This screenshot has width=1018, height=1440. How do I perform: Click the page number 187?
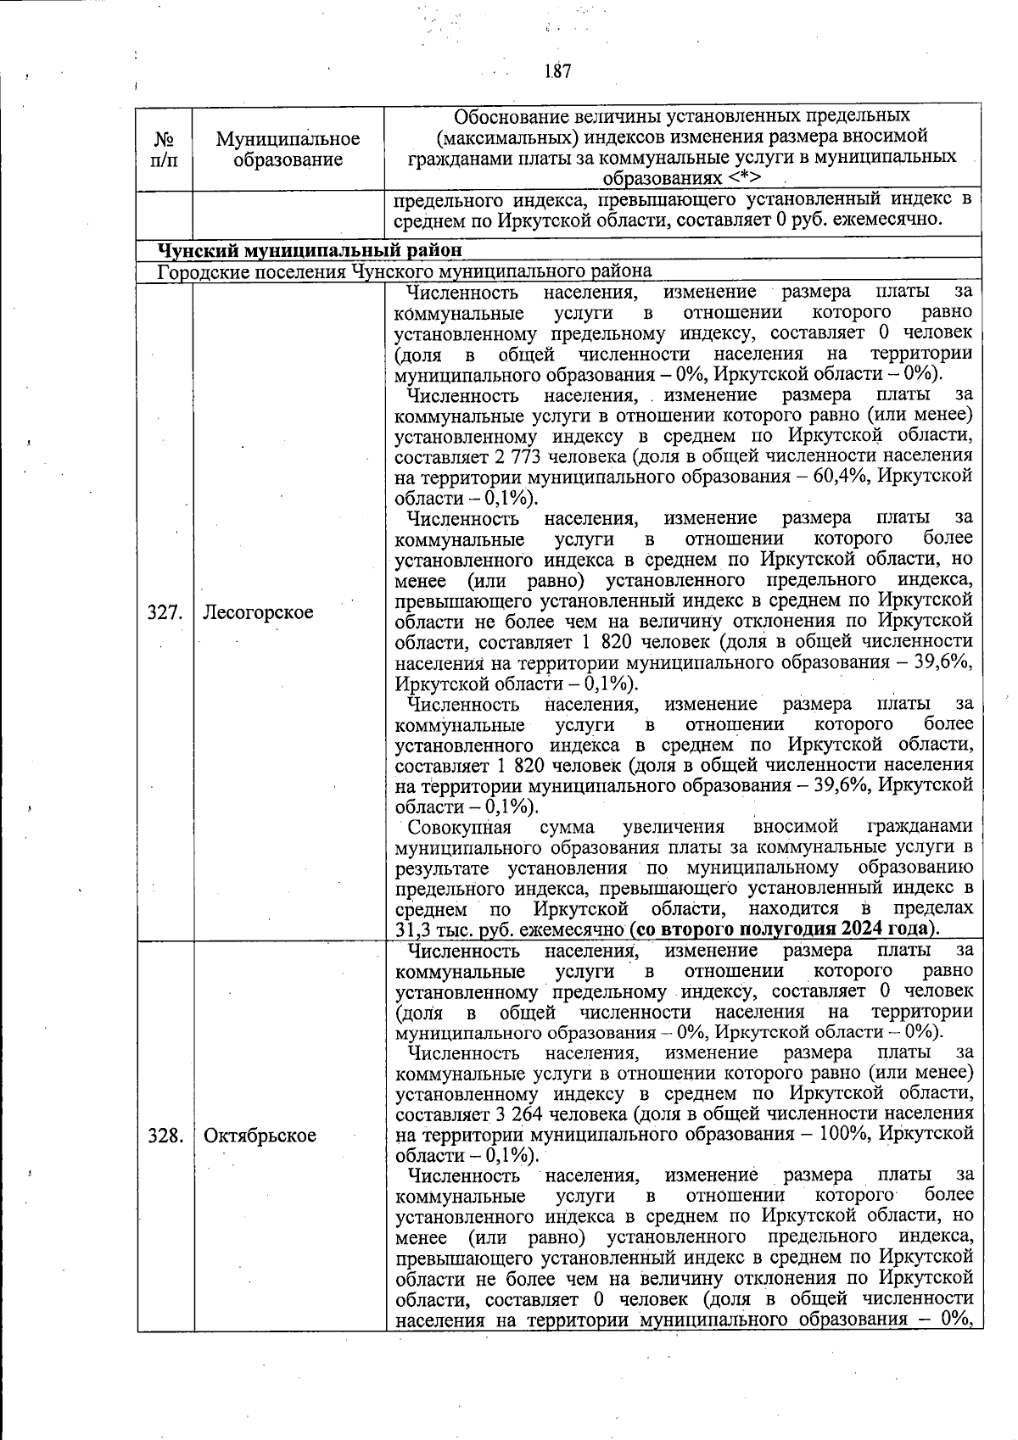(x=557, y=71)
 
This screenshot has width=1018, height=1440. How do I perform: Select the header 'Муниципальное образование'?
(x=288, y=148)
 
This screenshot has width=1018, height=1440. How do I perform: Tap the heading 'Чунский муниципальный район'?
(x=311, y=250)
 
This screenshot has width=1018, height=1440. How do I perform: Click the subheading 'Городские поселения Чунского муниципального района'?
(x=405, y=271)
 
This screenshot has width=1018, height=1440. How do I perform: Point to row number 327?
(x=165, y=612)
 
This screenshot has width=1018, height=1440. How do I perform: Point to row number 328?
(x=165, y=1136)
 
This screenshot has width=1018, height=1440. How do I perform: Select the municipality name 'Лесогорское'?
(x=258, y=612)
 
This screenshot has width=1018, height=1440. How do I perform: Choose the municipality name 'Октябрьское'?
(x=260, y=1136)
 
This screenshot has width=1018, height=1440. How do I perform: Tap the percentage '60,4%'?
(x=842, y=477)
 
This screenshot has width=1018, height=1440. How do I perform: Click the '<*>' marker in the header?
(x=743, y=178)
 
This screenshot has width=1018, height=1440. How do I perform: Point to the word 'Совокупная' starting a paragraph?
(x=459, y=827)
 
